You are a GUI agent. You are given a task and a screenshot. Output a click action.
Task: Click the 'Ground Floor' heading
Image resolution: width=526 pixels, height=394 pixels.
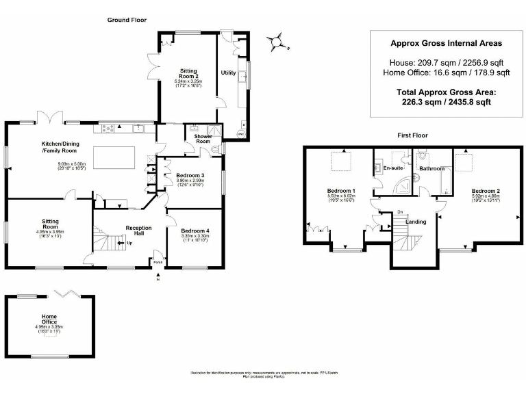pos(127,20)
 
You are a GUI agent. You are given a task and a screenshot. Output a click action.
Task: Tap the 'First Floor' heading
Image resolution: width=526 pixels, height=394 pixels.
pos(413,135)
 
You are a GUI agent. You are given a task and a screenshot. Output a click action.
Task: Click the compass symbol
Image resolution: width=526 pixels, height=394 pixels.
pos(276,42)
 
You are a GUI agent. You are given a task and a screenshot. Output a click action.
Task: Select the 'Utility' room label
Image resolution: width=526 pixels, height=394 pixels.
pos(228,72)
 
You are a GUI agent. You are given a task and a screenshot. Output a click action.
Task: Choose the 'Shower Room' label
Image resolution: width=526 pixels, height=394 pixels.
pos(203,139)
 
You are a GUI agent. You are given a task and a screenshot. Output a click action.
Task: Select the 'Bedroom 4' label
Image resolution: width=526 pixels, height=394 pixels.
pos(195,231)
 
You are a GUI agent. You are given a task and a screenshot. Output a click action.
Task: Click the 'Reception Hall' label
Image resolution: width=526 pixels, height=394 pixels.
pos(138,231)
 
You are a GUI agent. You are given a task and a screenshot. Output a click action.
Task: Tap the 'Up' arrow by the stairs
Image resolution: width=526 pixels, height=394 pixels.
pos(126,243)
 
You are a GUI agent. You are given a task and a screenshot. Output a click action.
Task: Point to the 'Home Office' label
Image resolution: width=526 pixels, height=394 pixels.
pos(49,319)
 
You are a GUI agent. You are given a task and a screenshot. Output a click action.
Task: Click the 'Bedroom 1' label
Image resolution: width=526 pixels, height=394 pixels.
pos(341,189)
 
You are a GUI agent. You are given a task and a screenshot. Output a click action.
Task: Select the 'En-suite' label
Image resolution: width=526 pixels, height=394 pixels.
pos(392,168)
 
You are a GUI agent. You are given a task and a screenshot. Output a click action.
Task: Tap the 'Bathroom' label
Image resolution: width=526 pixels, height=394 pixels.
pos(432,168)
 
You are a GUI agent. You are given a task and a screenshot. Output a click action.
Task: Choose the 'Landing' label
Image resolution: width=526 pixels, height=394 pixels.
pos(416,222)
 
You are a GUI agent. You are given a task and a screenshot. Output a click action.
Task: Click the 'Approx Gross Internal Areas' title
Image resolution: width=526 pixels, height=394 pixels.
pos(446,42)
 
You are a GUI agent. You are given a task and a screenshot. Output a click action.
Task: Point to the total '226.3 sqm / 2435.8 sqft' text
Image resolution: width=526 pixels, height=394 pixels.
pos(446,101)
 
